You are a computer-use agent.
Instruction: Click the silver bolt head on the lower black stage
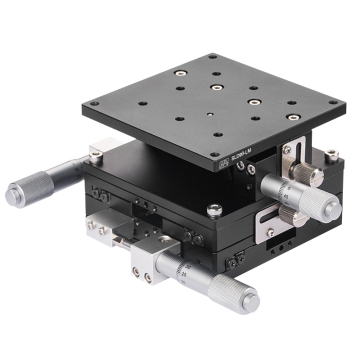(x=214, y=209)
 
